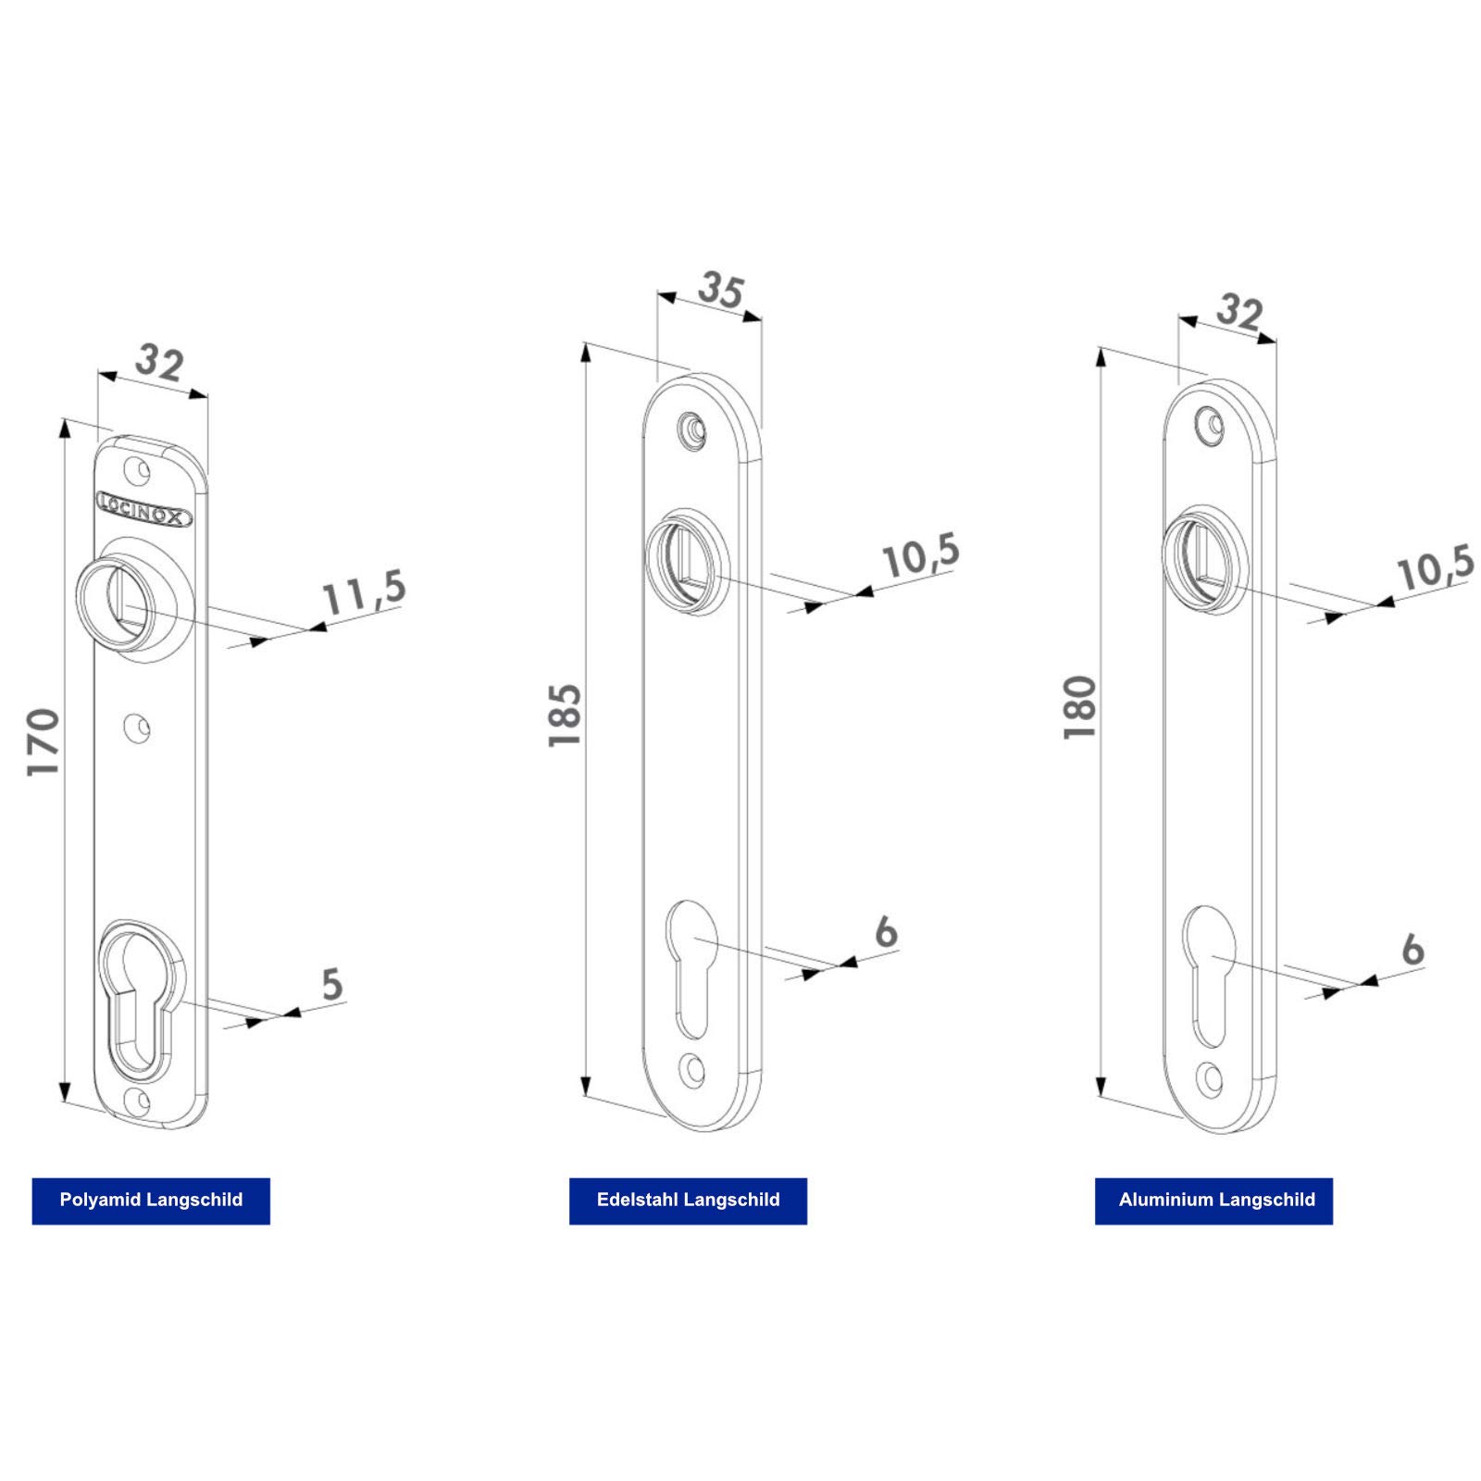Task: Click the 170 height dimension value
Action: coord(43,741)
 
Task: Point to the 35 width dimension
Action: coord(720,290)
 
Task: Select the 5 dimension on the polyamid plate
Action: coord(331,984)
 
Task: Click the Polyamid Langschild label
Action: coord(151,1201)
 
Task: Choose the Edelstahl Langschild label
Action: coord(688,1201)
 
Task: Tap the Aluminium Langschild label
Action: coord(1213,1201)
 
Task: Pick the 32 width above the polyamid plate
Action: coord(159,363)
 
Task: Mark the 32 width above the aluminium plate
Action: coord(1238,312)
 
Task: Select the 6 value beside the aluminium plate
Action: coord(1412,950)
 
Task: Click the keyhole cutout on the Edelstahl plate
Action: coord(691,963)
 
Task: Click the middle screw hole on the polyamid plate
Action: coord(138,728)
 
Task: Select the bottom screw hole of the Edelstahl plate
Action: coord(691,1071)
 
